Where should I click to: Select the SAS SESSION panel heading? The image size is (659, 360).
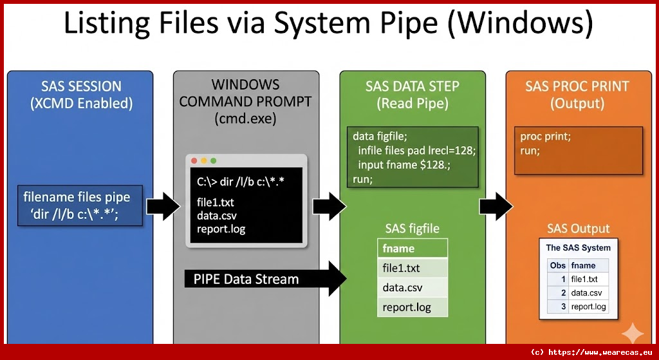click(x=80, y=94)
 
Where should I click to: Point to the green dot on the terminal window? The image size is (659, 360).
click(x=214, y=160)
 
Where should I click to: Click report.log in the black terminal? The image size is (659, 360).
click(x=221, y=229)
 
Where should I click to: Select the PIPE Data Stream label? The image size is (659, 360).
click(x=246, y=279)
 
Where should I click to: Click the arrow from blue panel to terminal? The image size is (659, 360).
click(x=163, y=206)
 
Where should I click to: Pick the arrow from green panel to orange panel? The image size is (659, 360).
click(x=496, y=206)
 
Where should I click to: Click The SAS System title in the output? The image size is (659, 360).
click(x=578, y=247)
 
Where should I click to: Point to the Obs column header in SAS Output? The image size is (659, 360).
click(x=557, y=265)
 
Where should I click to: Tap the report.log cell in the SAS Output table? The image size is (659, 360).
click(x=588, y=307)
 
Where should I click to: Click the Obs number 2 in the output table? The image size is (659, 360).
click(x=562, y=293)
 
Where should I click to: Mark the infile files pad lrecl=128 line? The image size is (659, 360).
click(x=416, y=150)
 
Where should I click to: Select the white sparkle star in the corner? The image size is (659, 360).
click(x=632, y=332)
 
